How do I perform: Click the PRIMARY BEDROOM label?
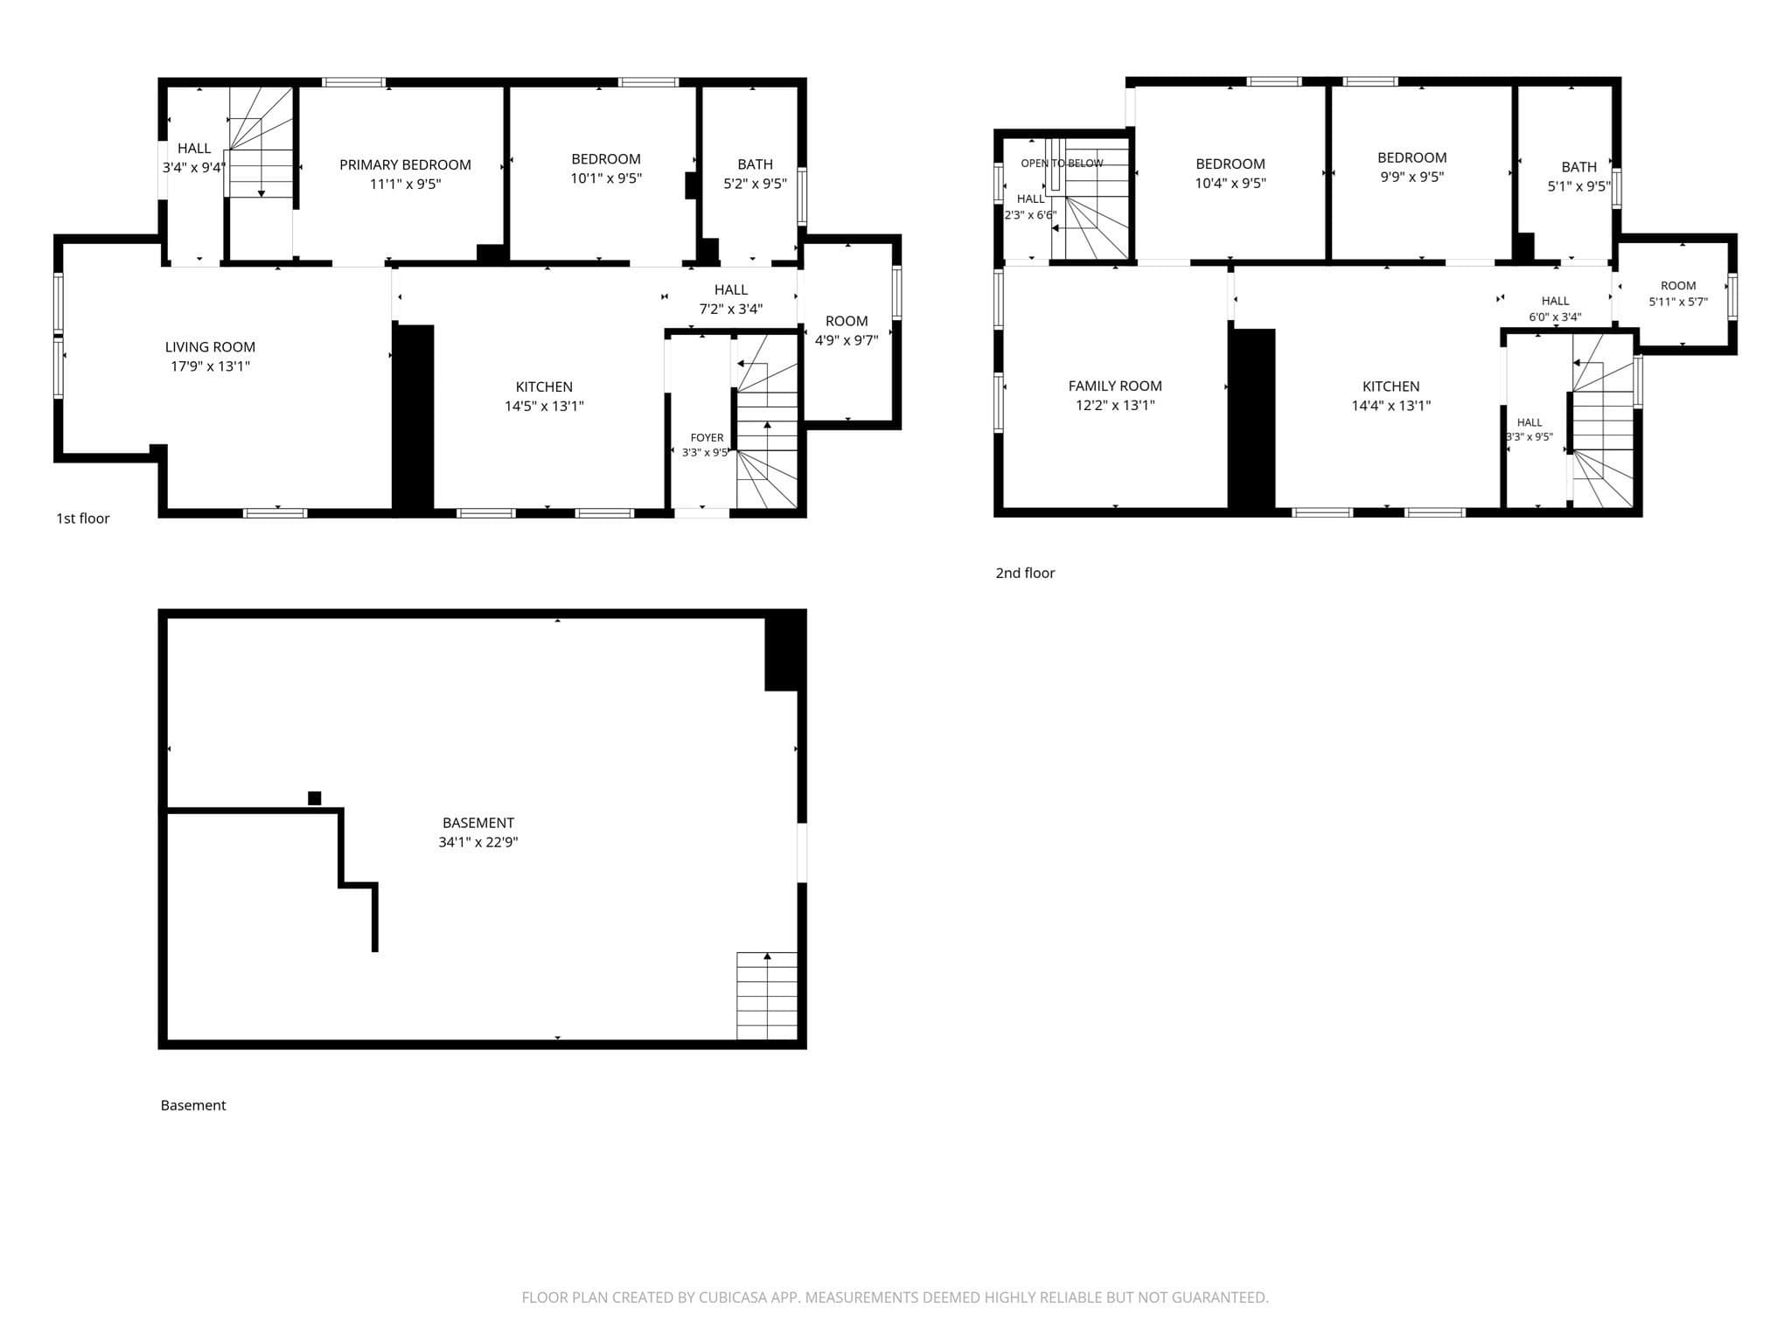[x=405, y=164]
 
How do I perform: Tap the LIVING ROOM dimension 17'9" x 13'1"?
[x=210, y=366]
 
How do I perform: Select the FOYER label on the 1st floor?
[x=707, y=437]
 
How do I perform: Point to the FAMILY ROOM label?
[x=1115, y=386]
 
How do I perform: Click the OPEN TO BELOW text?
[x=1062, y=164]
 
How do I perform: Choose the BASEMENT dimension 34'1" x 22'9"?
[x=478, y=842]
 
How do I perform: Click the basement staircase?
[x=767, y=996]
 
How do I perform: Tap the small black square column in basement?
[x=315, y=798]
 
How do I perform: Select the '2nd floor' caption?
[x=1025, y=573]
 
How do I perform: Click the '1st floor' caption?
[x=83, y=518]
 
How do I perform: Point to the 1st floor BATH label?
[x=755, y=164]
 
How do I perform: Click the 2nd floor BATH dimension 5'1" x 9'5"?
[x=1578, y=186]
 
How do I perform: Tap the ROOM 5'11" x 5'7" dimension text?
[x=1678, y=302]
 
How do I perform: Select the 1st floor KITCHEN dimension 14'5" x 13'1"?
[x=544, y=406]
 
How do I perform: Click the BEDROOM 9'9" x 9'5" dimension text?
[x=1411, y=177]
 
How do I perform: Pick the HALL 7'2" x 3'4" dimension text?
[x=731, y=309]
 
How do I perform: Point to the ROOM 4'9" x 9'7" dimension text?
[x=847, y=340]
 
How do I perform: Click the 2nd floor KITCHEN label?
[x=1390, y=386]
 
